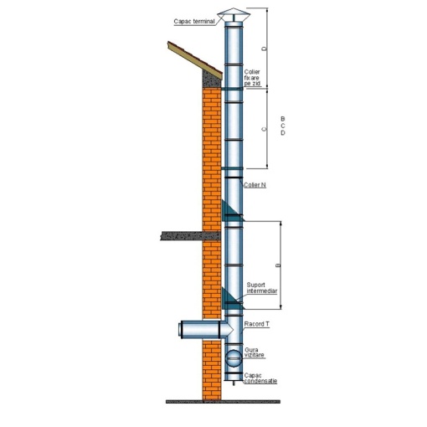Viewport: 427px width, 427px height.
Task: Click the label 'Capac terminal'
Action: (194, 22)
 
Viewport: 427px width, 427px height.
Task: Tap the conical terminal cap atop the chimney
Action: (234, 14)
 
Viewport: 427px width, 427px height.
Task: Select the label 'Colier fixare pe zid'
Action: (252, 78)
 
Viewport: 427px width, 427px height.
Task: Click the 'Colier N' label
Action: (255, 185)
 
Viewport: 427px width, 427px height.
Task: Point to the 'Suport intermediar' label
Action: (262, 288)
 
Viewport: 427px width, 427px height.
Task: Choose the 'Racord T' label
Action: (257, 324)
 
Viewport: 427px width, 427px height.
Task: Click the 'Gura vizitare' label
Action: (255, 352)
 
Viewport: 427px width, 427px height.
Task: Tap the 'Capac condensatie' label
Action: (260, 378)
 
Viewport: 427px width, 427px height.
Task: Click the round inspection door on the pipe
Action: (234, 358)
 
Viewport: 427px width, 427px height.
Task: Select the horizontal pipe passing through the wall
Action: (206, 329)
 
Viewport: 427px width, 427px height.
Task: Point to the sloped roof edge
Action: (195, 60)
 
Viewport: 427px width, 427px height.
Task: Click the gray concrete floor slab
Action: (190, 236)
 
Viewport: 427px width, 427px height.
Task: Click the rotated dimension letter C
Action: (264, 129)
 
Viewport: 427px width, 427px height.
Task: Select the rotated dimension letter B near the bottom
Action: (278, 265)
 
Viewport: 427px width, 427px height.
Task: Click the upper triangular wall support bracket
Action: (233, 212)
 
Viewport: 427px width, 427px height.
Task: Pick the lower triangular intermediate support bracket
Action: (233, 299)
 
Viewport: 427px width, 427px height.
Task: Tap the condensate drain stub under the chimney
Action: (234, 383)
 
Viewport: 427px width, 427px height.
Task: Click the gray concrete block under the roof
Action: (211, 79)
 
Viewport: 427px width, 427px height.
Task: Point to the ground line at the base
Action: (223, 402)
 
